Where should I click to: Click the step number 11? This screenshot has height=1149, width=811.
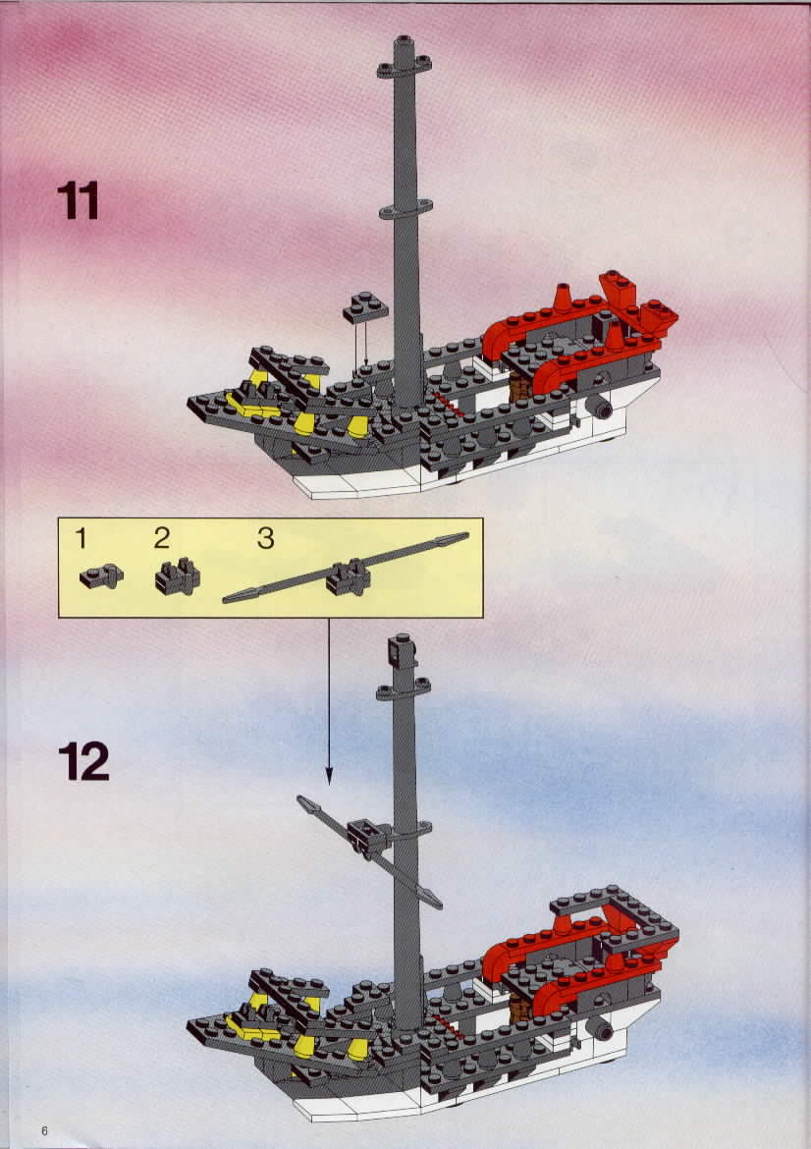(x=78, y=200)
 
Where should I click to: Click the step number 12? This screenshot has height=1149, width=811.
(x=83, y=761)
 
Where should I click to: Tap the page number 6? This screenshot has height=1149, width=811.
(x=44, y=1130)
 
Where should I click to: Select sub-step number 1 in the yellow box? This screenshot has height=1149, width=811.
(x=81, y=539)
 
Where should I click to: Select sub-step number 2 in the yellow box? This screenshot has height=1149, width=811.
(x=162, y=538)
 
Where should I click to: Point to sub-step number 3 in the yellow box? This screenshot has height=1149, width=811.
(x=266, y=539)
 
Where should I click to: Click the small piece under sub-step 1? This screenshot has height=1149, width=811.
(x=102, y=575)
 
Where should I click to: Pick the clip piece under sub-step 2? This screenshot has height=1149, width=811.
(x=178, y=576)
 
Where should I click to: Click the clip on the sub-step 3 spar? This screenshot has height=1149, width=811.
(x=348, y=576)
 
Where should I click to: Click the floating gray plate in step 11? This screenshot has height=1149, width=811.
(x=365, y=307)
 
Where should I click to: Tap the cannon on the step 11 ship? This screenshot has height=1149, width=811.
(x=599, y=409)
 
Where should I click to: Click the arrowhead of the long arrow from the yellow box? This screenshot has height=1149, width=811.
(x=329, y=777)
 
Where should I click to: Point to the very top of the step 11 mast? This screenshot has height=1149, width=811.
(x=404, y=36)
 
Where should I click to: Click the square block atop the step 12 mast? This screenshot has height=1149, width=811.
(x=403, y=651)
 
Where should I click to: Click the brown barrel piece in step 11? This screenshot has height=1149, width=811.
(x=521, y=388)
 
